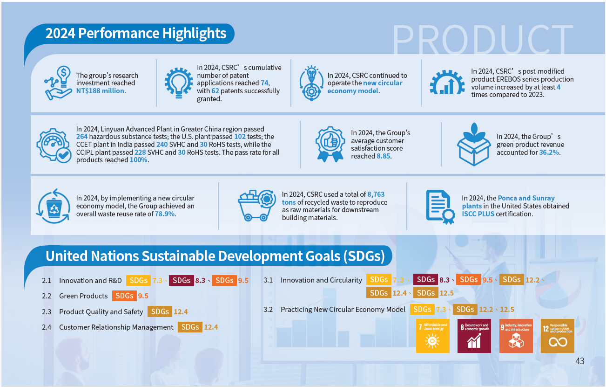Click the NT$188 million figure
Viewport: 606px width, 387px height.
(100, 91)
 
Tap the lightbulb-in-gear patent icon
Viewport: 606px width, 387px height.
(179, 83)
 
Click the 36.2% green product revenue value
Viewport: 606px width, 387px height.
(549, 152)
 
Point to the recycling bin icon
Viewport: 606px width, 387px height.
(54, 206)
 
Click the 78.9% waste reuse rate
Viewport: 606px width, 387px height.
(165, 214)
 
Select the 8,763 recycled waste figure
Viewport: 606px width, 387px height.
(376, 194)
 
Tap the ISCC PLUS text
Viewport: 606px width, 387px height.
(478, 214)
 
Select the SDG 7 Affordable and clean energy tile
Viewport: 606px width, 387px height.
(432, 336)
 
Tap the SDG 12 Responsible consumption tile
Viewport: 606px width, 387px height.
(557, 336)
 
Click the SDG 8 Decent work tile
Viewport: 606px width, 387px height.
(474, 336)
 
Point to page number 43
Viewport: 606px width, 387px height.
(579, 361)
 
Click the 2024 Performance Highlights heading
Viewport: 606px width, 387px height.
(136, 34)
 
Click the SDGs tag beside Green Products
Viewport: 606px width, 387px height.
(124, 296)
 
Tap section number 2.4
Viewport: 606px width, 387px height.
(47, 327)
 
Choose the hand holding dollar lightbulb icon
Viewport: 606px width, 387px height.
(58, 83)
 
